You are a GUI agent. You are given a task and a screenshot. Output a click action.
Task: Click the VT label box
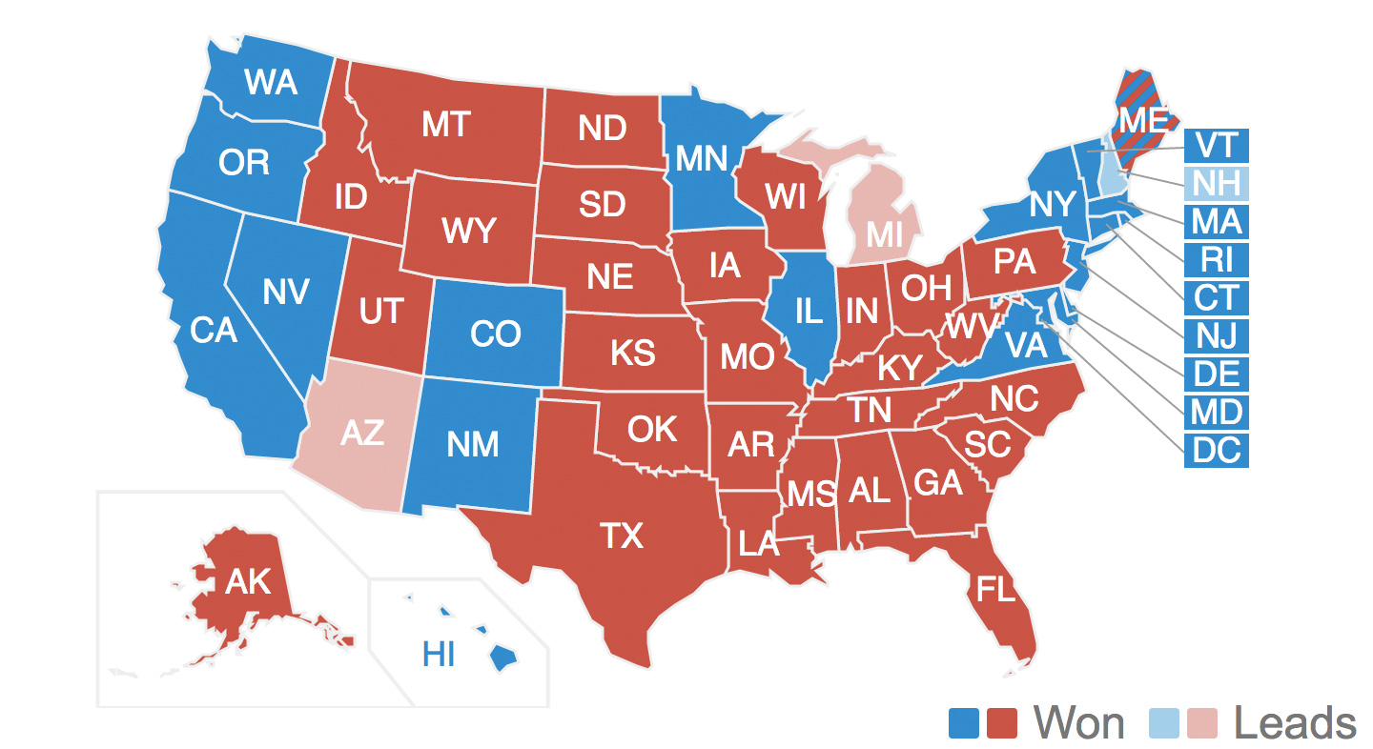1217,146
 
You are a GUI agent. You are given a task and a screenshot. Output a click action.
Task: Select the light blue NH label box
1217,184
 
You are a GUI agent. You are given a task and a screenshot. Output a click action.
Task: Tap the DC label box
1217,450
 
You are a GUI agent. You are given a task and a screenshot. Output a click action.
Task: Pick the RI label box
1217,260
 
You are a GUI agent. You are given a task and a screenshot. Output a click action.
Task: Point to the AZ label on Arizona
362,433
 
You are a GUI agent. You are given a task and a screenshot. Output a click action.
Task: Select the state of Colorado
496,334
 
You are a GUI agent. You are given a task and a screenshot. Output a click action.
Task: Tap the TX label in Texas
622,536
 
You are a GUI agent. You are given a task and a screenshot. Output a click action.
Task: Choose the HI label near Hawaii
440,655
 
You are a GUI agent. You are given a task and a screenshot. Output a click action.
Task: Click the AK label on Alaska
248,581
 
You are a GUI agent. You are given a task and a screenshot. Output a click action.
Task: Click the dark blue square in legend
964,723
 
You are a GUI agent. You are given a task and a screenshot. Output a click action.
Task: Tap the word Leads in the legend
1295,723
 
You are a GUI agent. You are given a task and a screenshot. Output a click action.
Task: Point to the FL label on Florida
996,590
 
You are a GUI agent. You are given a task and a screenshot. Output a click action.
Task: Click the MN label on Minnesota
702,158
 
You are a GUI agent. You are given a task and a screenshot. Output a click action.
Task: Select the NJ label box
1217,335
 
